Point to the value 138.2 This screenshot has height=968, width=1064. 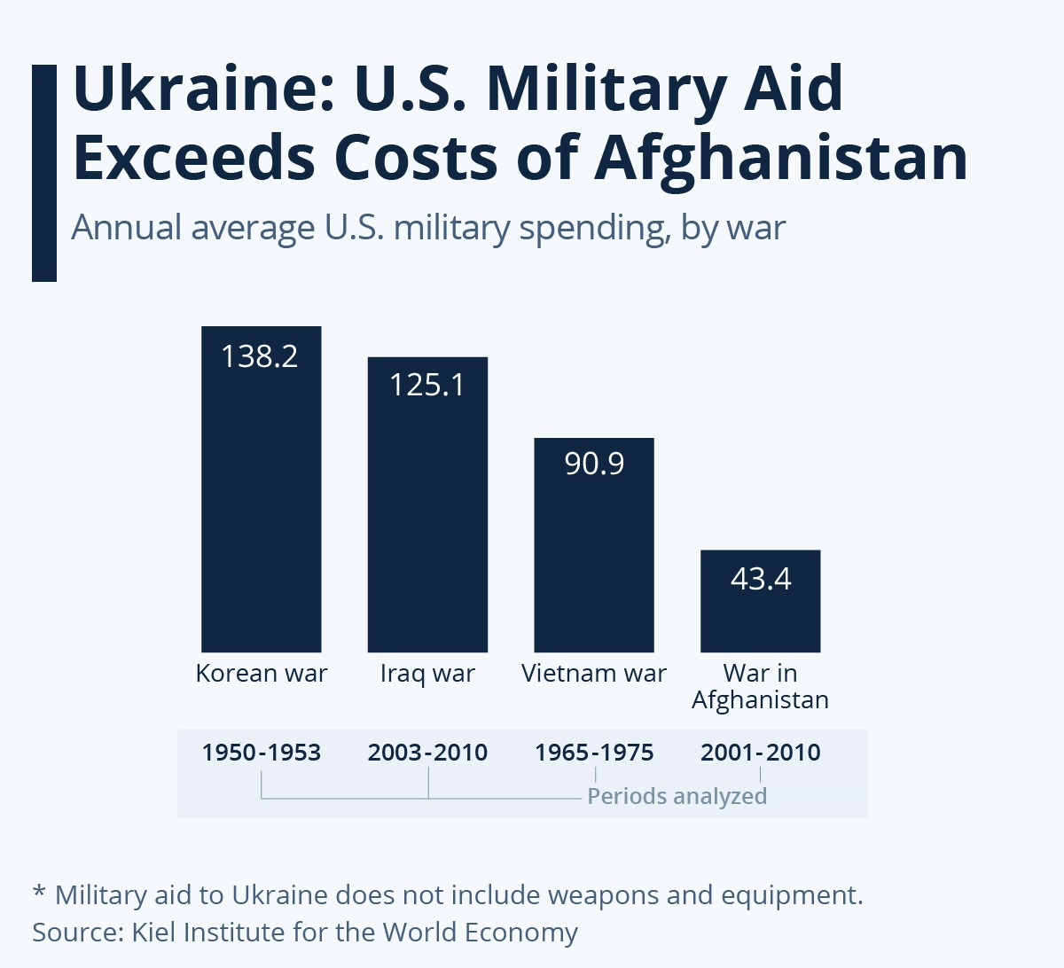coord(260,356)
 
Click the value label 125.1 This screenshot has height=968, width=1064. coord(427,385)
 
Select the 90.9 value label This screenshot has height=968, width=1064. coord(594,464)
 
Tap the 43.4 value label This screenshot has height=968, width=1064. coord(761,579)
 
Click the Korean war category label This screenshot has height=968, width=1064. coord(262,674)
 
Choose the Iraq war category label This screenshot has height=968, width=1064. coord(427,675)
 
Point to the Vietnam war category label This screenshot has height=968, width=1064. coord(594,674)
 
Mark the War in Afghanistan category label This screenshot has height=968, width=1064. coord(760,687)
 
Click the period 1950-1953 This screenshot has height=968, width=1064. coord(262,753)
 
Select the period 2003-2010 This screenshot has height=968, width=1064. coord(427,753)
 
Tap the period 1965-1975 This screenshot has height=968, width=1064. coord(594,753)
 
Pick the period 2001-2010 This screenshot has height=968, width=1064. coord(761,753)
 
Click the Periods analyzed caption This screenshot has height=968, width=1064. coord(677,796)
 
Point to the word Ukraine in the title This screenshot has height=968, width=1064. coord(202,89)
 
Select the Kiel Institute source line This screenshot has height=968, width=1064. coord(305,933)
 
